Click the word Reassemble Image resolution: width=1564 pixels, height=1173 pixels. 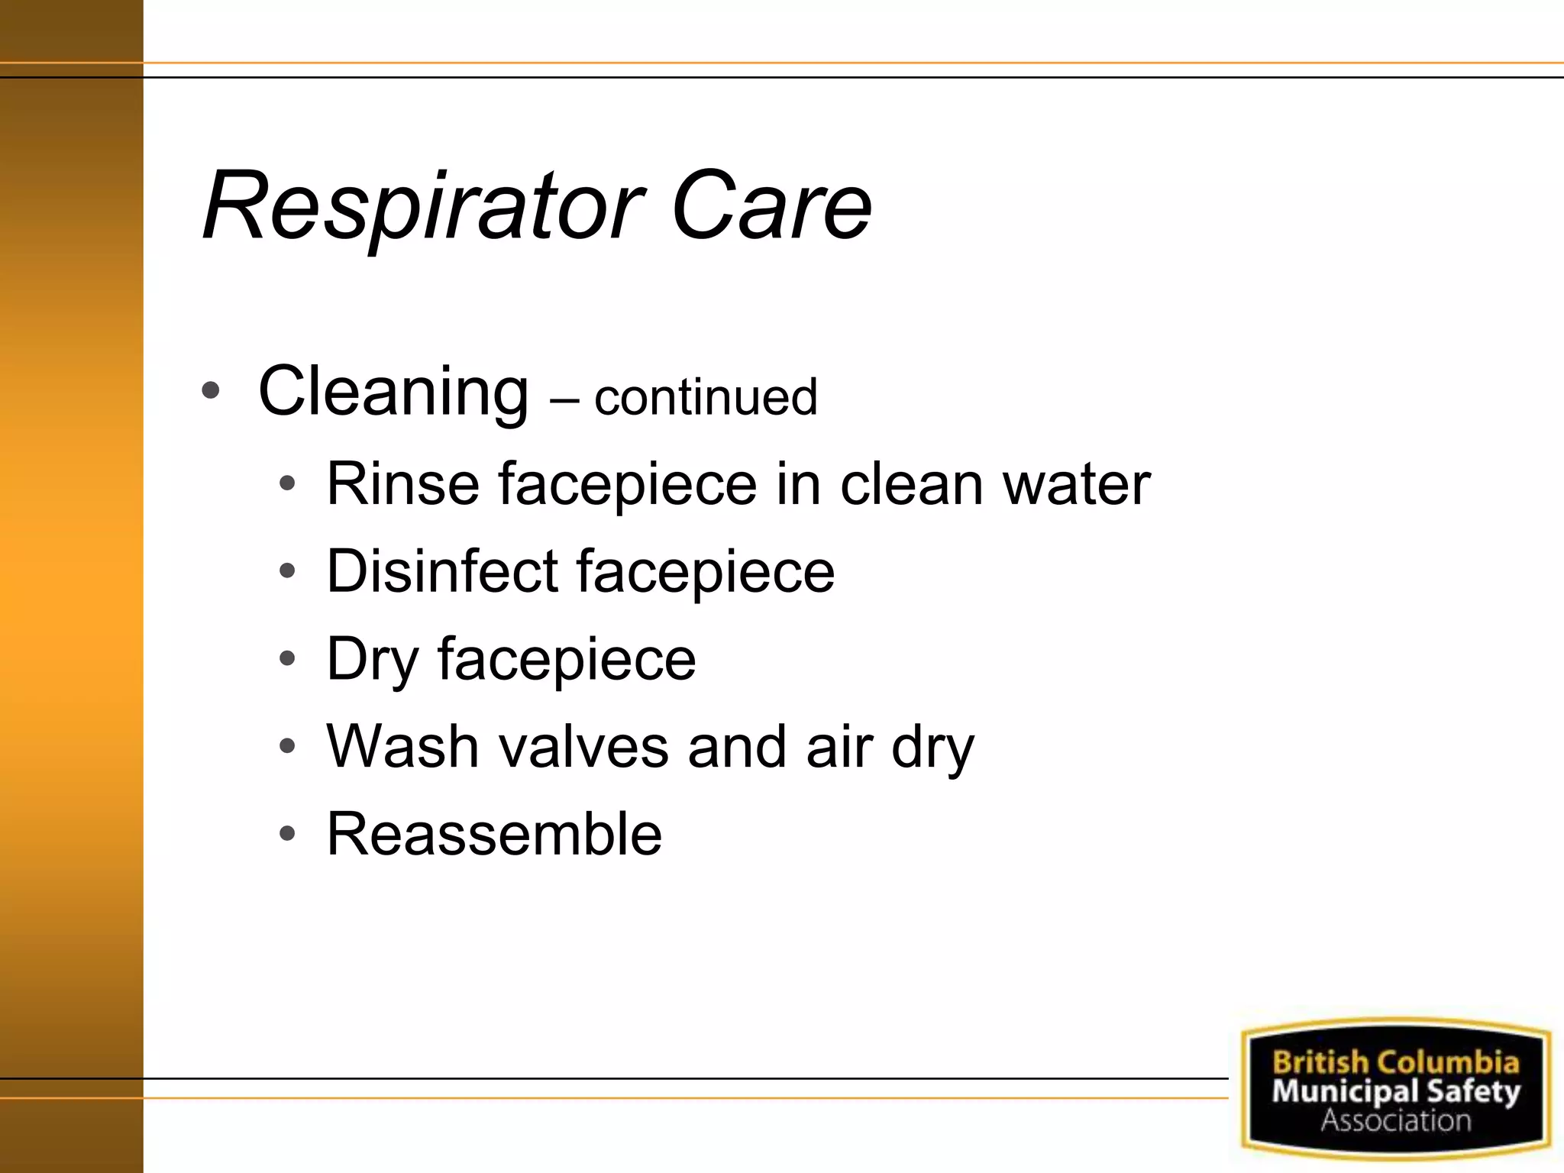coord(494,833)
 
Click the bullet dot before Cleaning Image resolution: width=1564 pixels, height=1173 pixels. coord(210,391)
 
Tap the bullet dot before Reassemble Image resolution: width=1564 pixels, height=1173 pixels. coord(287,833)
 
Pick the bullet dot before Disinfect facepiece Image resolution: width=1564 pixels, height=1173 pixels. coord(287,570)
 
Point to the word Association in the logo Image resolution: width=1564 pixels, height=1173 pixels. coord(1396,1120)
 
